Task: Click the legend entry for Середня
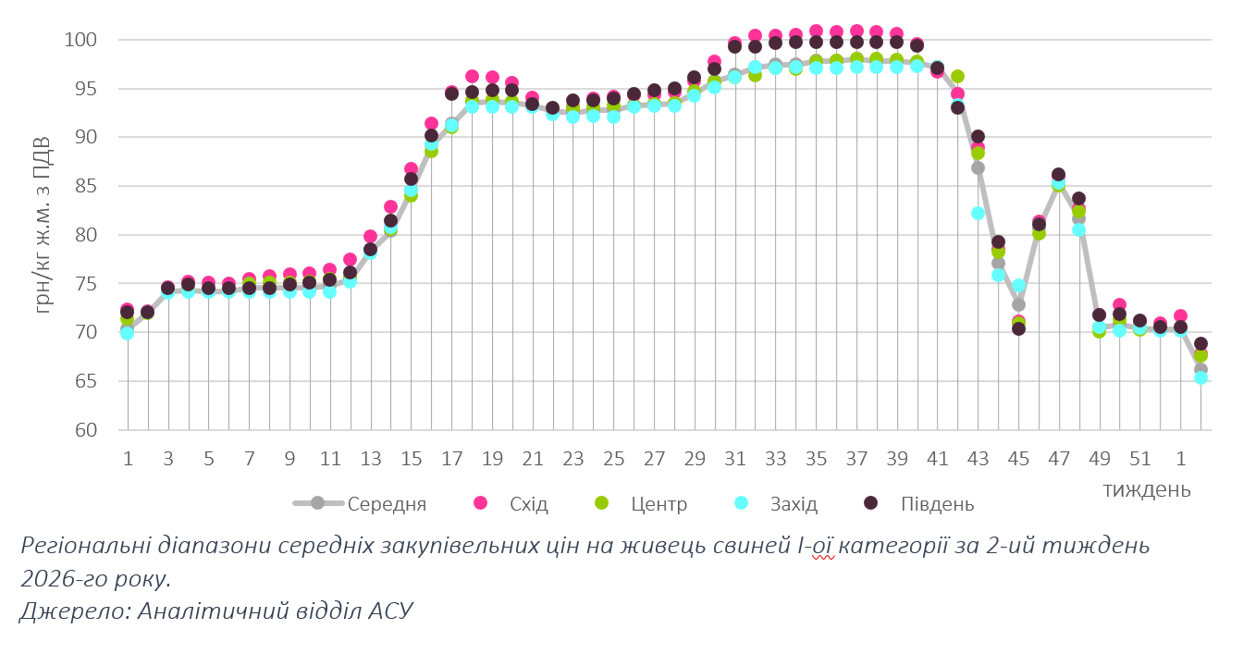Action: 387,504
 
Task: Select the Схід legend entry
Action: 528,504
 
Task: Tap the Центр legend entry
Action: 658,504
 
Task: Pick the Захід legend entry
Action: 794,504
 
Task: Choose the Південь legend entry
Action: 937,504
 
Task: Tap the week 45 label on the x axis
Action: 1018,459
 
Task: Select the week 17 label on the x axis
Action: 451,459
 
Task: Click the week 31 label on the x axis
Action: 735,459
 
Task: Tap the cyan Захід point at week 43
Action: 978,213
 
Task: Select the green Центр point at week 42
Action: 957,77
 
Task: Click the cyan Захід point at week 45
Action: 1018,286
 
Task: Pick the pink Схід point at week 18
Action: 472,77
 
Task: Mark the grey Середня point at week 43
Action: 978,167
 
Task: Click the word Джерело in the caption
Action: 63,611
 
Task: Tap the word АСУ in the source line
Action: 389,611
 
